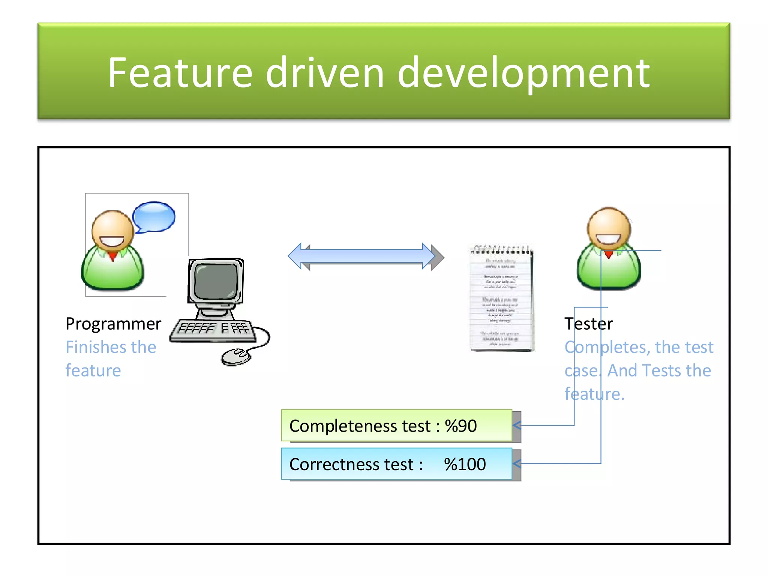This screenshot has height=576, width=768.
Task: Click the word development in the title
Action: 523,73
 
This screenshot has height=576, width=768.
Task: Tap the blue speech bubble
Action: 154,217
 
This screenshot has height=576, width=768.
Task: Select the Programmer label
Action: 113,324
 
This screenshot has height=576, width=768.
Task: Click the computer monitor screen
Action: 216,281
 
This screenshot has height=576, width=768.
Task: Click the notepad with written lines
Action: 501,298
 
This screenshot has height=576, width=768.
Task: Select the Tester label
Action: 588,324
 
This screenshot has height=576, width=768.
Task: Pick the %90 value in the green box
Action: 460,426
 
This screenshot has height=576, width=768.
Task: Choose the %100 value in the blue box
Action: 465,464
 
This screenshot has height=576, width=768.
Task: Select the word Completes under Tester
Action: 607,347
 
